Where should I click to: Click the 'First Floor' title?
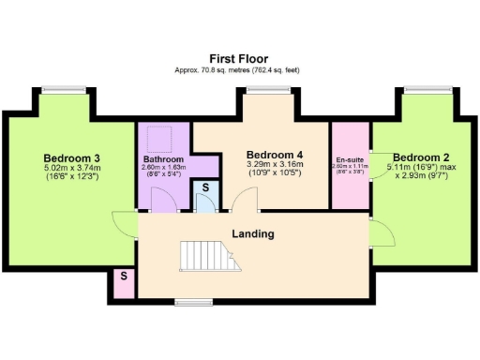(x=240, y=57)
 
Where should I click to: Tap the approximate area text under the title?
(x=240, y=70)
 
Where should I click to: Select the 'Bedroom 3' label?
(x=72, y=157)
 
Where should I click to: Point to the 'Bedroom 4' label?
(x=275, y=155)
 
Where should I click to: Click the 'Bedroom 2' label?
(x=421, y=157)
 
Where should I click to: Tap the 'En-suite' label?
(x=350, y=159)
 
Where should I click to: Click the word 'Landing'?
(x=253, y=233)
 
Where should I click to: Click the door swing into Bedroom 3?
(x=123, y=223)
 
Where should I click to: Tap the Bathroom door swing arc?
(x=164, y=200)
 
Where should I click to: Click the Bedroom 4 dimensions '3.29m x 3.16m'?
(x=275, y=166)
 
